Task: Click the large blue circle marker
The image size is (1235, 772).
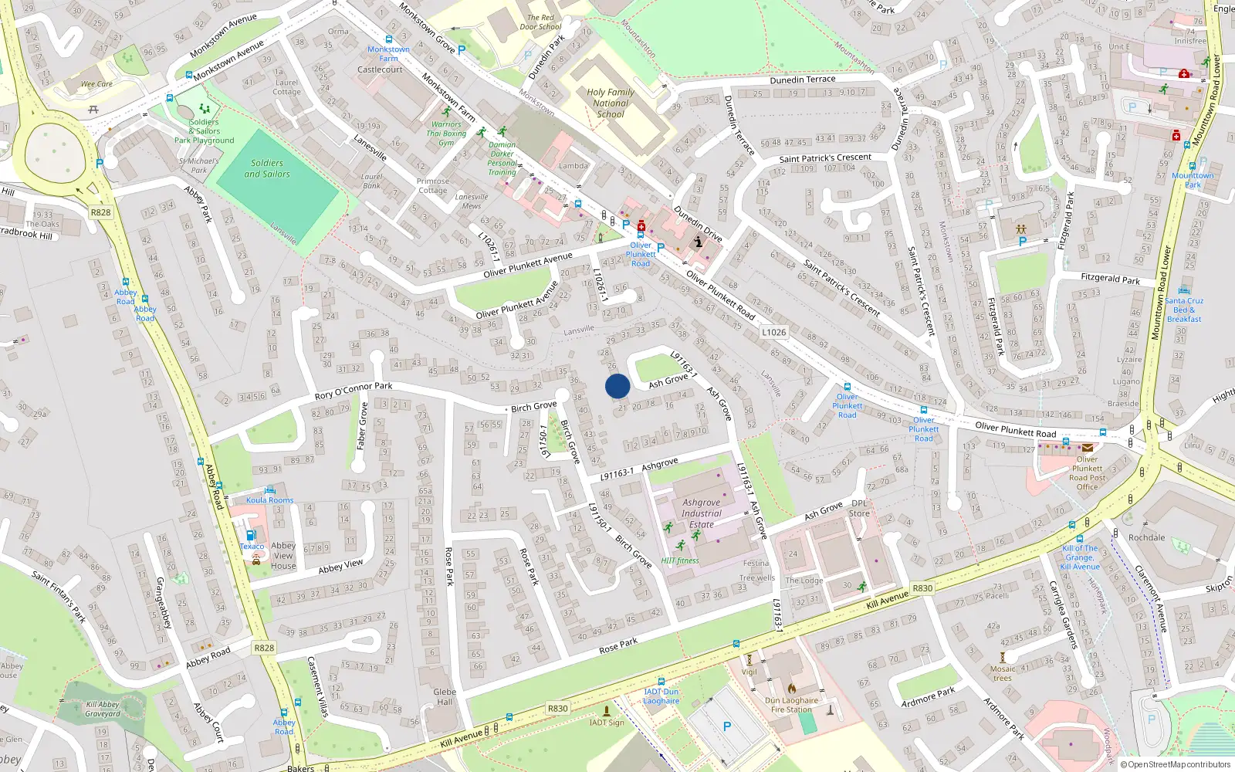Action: click(617, 386)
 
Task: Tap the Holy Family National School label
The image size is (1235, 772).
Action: click(611, 103)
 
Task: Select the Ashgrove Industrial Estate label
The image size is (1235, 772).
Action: click(702, 513)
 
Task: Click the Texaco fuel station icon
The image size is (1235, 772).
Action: click(250, 535)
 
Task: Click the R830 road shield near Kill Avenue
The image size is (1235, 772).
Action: click(922, 588)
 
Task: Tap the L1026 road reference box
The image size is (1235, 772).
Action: click(773, 333)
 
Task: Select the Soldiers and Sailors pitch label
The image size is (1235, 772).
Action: click(267, 168)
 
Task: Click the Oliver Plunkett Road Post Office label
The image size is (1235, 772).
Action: click(1087, 472)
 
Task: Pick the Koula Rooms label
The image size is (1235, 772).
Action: click(270, 500)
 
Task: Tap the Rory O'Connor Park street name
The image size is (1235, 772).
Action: click(354, 391)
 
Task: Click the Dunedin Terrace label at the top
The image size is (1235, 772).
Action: click(803, 80)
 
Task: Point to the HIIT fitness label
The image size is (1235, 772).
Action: click(680, 560)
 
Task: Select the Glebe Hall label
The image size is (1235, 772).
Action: click(445, 697)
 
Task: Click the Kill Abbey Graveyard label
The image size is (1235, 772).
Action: click(103, 709)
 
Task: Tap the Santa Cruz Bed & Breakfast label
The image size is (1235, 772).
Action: click(1184, 310)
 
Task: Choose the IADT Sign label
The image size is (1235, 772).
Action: click(607, 723)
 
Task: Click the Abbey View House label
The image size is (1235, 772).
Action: click(283, 555)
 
